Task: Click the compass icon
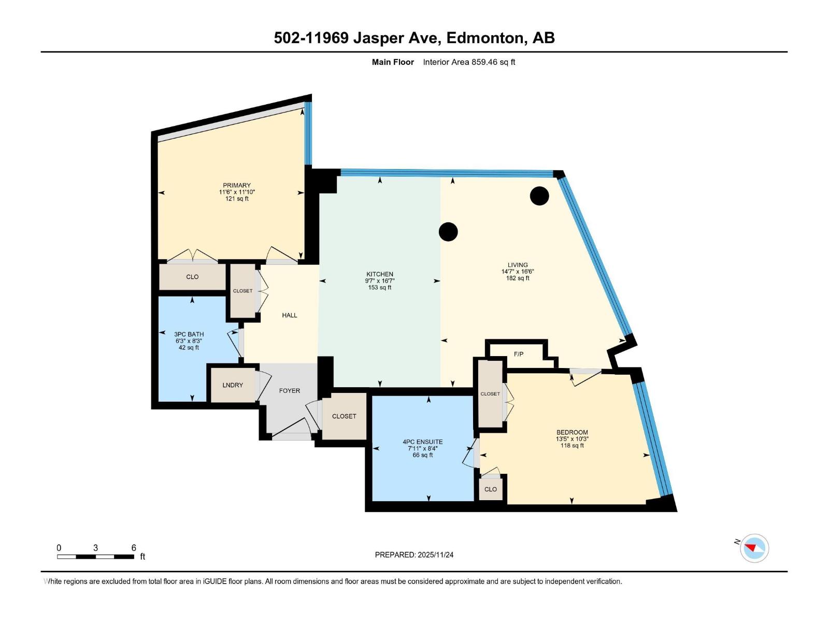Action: (x=754, y=548)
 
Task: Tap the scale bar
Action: (x=96, y=557)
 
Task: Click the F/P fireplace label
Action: (x=519, y=354)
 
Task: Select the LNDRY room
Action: (x=233, y=385)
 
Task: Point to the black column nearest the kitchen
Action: (x=448, y=232)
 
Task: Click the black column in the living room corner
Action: (x=539, y=195)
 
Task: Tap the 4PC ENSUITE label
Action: (x=423, y=442)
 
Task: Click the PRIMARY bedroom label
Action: (x=237, y=185)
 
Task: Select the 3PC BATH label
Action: (x=189, y=334)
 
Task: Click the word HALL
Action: (x=290, y=315)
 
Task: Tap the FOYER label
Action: (x=290, y=391)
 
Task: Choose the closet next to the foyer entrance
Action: (x=344, y=416)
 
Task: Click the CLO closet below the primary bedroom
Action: (x=192, y=277)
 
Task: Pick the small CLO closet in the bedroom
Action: (x=491, y=489)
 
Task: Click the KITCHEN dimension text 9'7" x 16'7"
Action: (x=380, y=281)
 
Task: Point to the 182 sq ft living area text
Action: (x=518, y=278)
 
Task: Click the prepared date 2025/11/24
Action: (x=435, y=555)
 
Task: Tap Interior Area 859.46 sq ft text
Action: (x=469, y=62)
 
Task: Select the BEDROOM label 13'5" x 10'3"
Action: (x=572, y=439)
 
